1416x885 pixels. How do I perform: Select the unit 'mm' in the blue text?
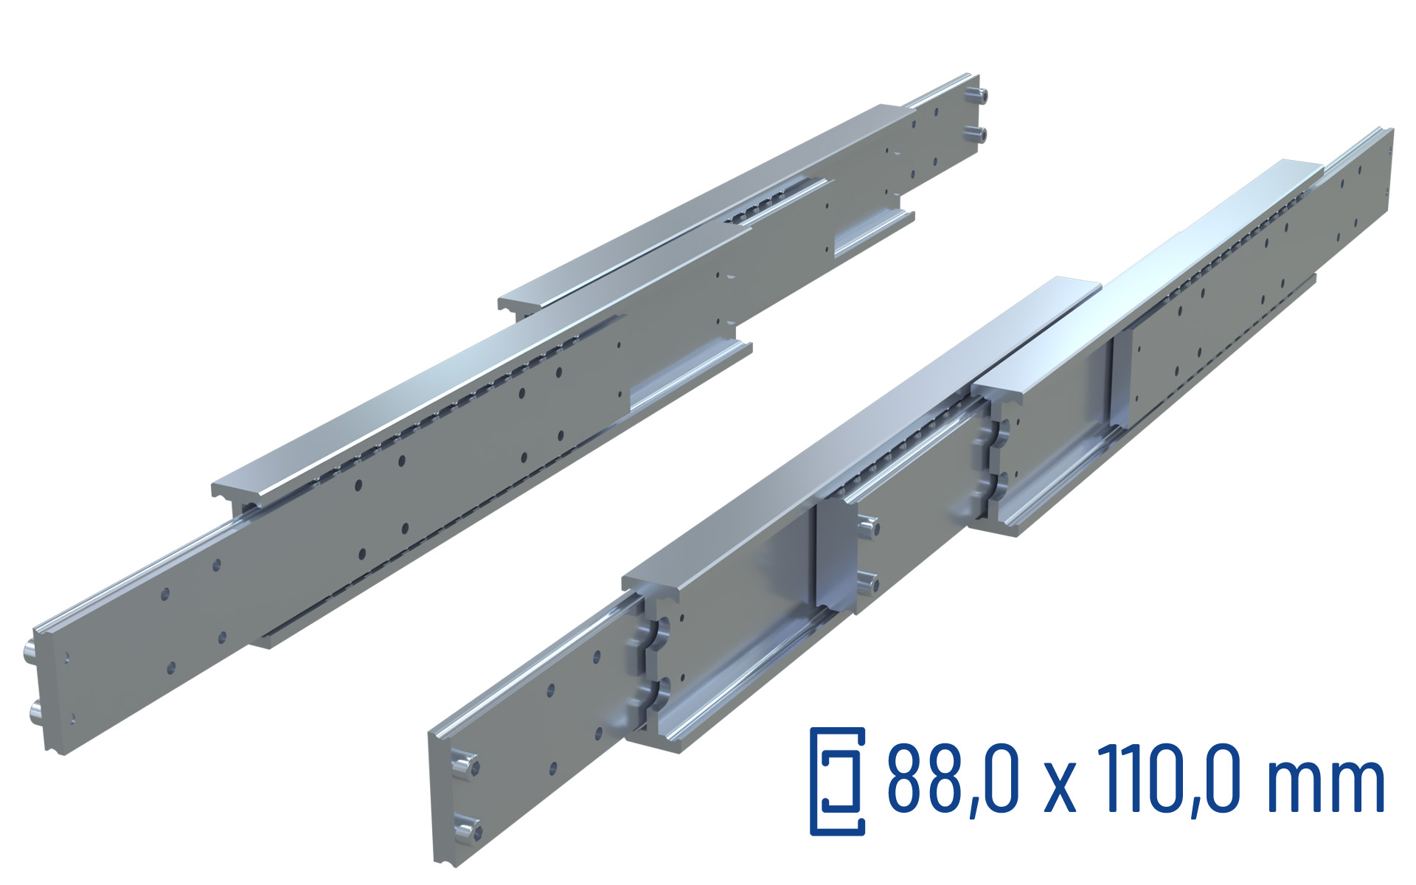tap(1325, 786)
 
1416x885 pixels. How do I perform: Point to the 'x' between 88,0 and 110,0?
tap(1060, 789)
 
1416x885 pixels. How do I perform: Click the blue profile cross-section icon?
tap(838, 782)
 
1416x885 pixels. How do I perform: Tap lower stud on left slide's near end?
tap(35, 712)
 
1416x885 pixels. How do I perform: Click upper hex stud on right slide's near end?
tap(464, 764)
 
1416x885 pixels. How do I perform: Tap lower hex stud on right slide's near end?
tap(468, 830)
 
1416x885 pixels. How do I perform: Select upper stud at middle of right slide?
tap(868, 527)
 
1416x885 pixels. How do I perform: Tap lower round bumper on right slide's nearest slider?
tap(659, 693)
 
